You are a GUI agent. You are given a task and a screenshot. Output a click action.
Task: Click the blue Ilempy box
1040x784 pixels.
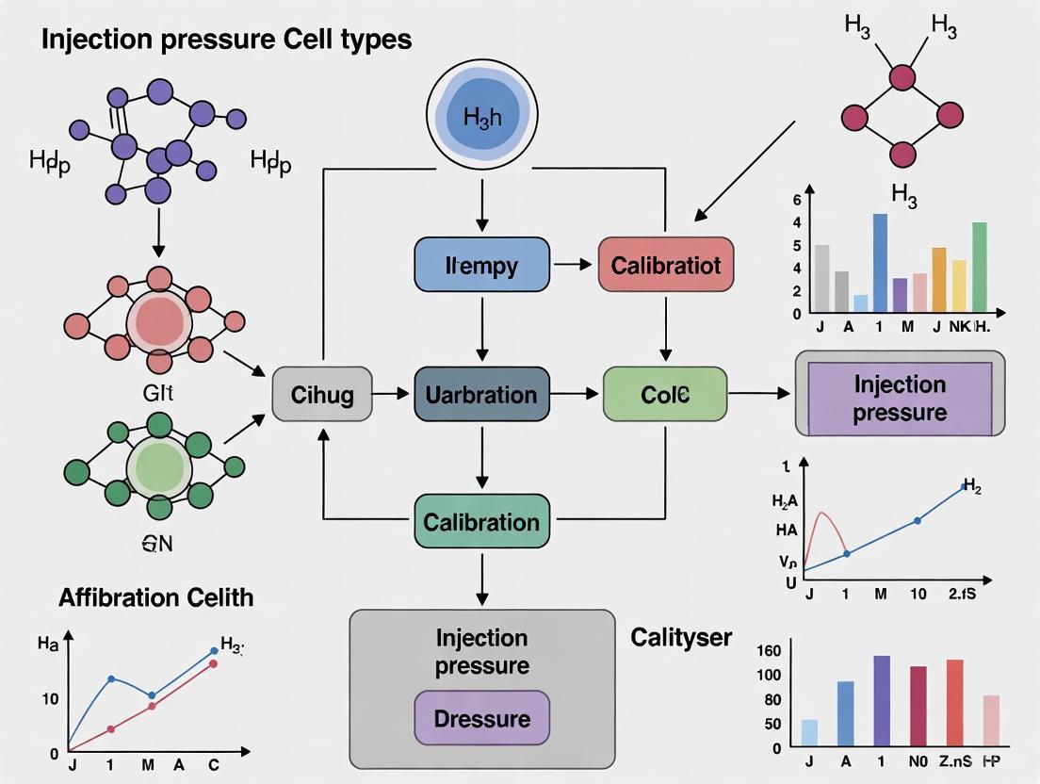[481, 265]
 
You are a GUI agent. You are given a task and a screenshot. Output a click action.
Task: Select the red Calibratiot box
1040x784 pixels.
[665, 265]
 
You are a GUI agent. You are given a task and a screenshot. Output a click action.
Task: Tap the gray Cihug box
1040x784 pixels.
[322, 394]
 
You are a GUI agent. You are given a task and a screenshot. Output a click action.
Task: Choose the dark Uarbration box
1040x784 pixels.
[481, 394]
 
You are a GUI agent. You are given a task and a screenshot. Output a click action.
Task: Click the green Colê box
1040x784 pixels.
[665, 394]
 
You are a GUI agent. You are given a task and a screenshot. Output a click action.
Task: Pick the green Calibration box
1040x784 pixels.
[481, 522]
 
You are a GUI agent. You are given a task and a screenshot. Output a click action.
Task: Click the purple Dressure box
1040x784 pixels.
[481, 719]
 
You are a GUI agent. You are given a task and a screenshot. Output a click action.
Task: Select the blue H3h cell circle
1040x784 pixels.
[481, 117]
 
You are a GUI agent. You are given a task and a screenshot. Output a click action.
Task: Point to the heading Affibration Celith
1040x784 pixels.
[155, 597]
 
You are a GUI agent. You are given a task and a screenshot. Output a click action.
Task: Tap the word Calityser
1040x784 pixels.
[680, 637]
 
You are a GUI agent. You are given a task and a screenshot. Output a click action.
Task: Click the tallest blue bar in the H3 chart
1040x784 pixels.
[880, 263]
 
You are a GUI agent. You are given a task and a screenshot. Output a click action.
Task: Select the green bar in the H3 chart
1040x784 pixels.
[980, 267]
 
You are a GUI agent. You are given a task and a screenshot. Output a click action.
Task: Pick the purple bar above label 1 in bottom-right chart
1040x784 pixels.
[882, 700]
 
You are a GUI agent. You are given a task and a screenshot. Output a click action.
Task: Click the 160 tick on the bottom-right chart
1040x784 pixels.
[770, 650]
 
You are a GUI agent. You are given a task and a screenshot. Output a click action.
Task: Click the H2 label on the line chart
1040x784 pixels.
[971, 486]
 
